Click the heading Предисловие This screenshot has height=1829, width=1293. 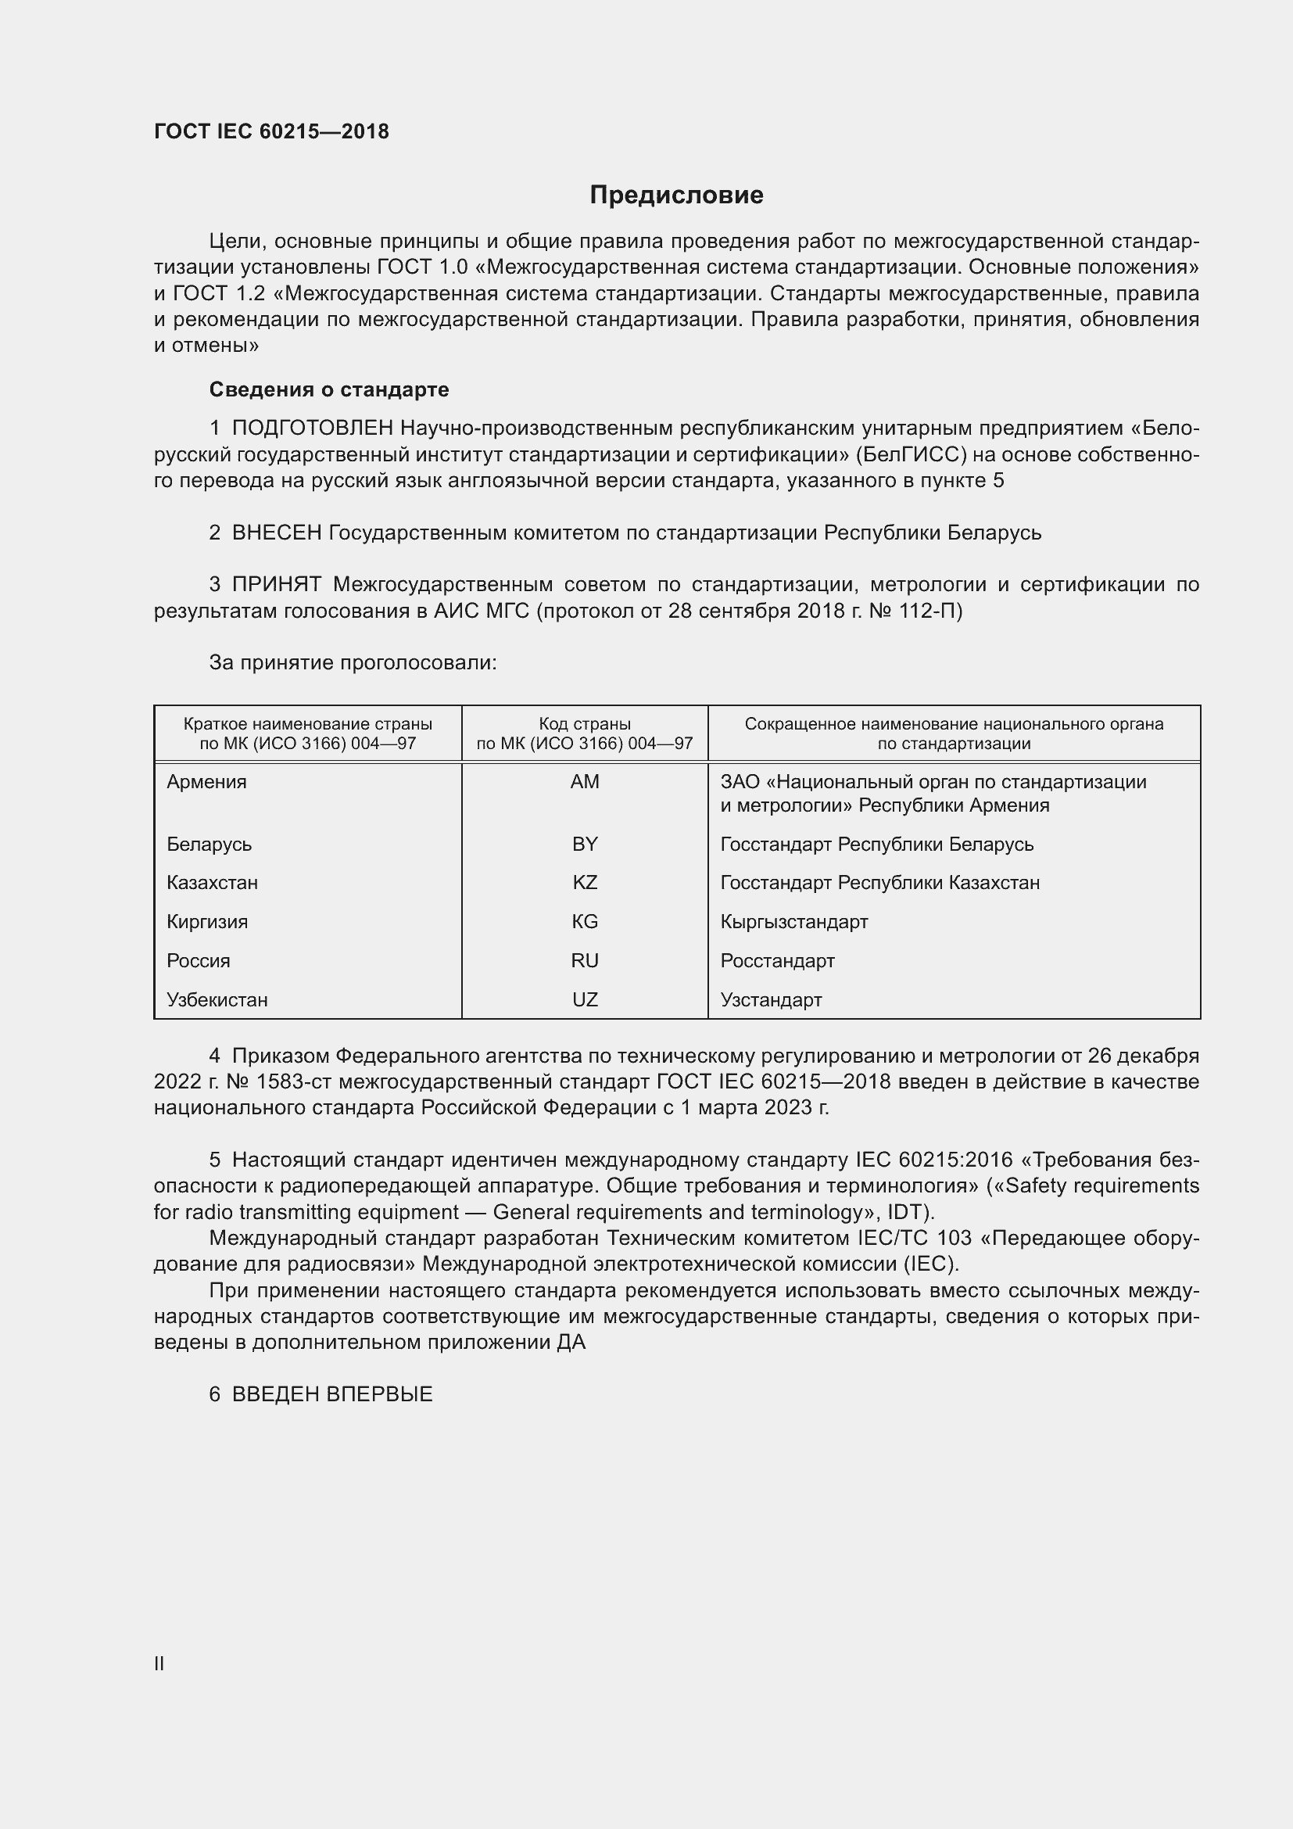point(676,195)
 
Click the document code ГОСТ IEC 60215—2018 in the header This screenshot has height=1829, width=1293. point(271,131)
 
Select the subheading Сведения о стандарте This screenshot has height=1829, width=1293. point(329,389)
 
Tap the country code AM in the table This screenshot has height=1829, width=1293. point(585,781)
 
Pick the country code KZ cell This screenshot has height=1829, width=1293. point(585,883)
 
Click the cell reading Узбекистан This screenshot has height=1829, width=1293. point(217,1000)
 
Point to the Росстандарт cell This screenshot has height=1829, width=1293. point(777,961)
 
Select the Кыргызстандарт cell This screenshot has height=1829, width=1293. point(793,922)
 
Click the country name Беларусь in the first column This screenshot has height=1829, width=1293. point(210,844)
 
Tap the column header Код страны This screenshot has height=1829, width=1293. point(585,724)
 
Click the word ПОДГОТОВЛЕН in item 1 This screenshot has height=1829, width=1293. point(313,429)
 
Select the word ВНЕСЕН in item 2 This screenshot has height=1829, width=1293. point(276,533)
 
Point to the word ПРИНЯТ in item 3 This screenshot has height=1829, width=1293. point(276,585)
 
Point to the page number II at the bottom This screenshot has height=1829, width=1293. point(159,1663)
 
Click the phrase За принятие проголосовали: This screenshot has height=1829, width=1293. point(353,663)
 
